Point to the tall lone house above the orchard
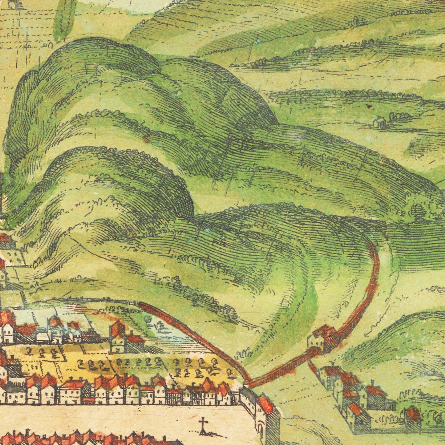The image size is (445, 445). [117, 338]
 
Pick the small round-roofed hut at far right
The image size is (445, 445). [414, 414]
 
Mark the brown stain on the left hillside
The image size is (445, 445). [147, 139]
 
